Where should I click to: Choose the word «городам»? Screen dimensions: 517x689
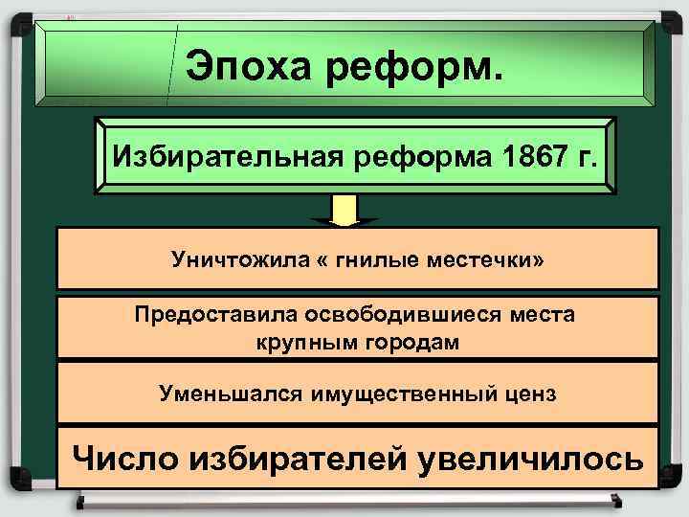pos(410,342)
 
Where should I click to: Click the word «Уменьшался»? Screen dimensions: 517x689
pos(216,393)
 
